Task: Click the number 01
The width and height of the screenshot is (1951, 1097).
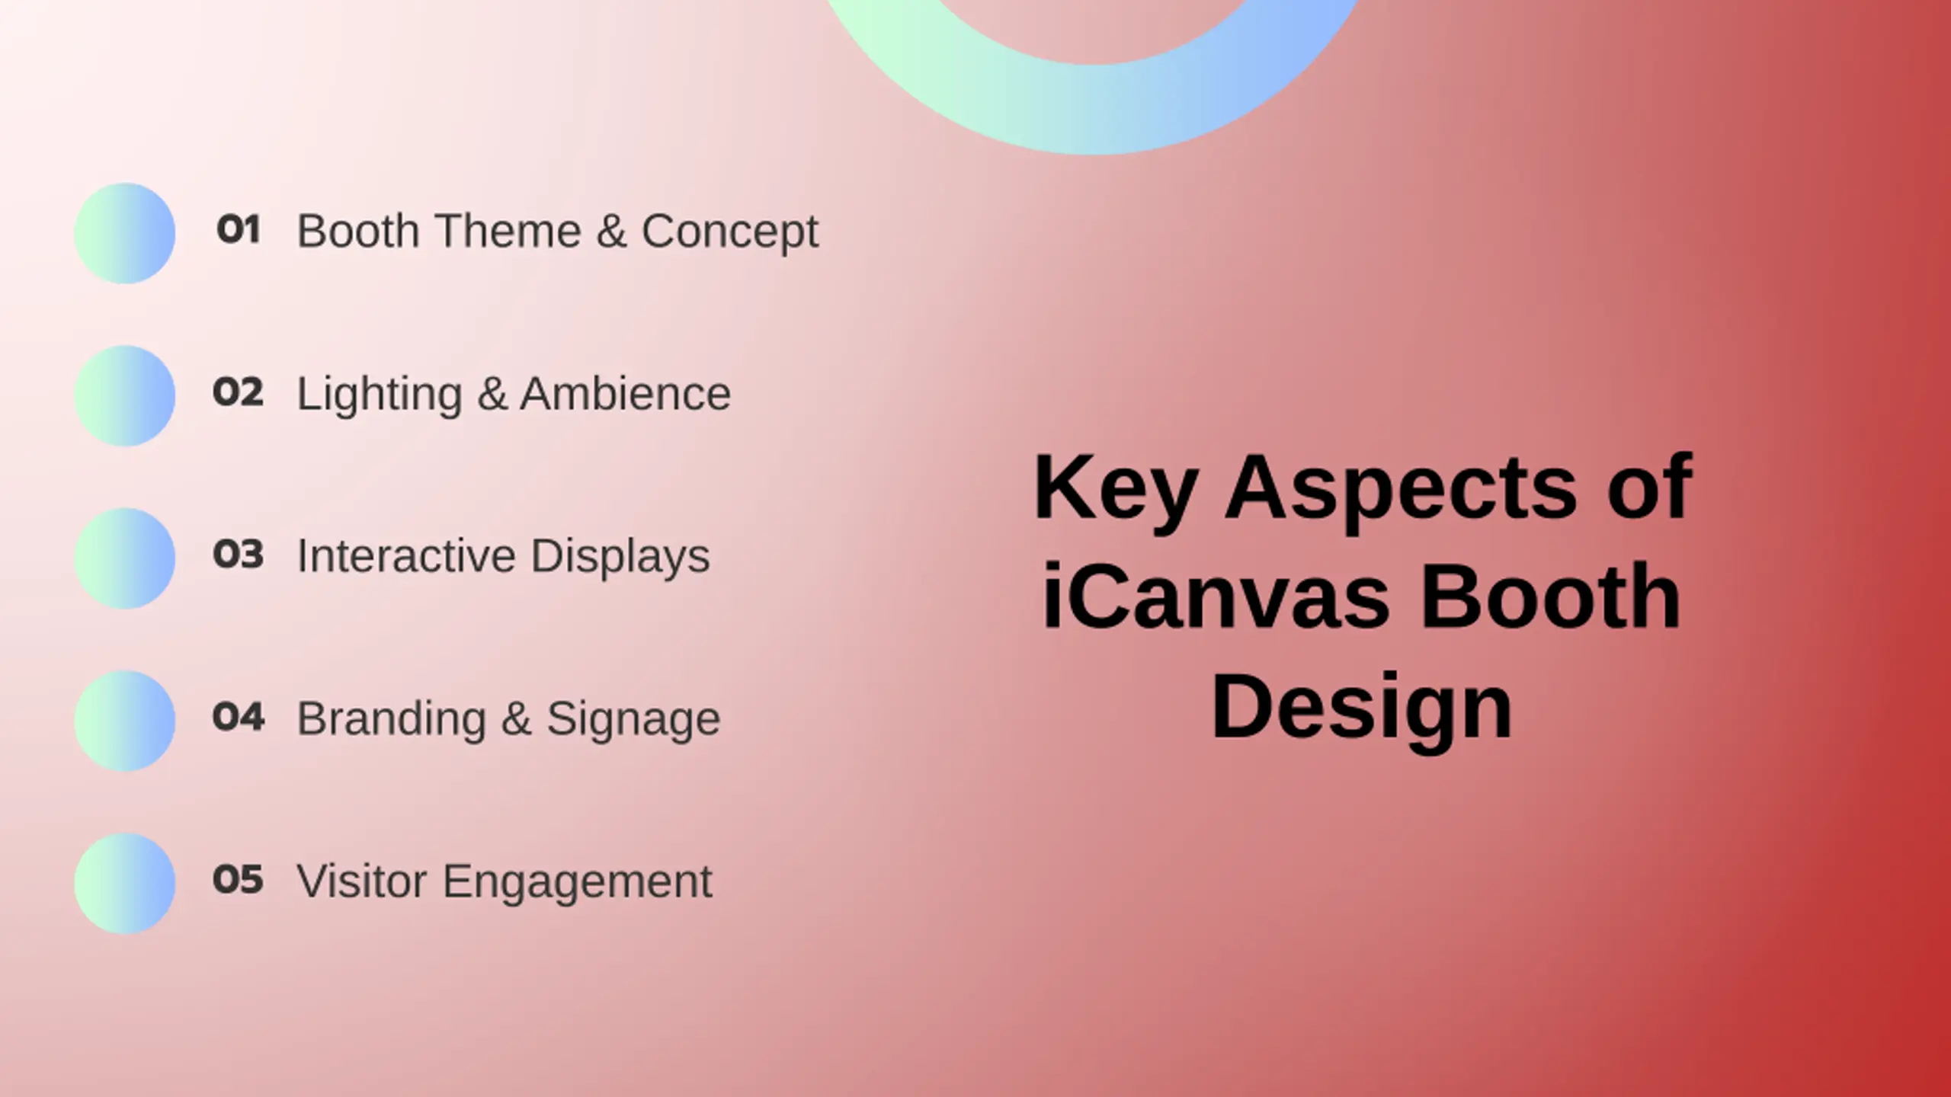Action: coord(239,229)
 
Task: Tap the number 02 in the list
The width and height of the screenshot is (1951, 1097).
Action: coord(239,392)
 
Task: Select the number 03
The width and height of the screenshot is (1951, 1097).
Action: coord(239,555)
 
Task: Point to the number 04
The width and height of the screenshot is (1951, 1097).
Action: coord(239,717)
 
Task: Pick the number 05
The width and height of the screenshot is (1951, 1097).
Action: coord(239,880)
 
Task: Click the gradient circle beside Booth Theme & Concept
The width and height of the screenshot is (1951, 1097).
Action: coord(125,233)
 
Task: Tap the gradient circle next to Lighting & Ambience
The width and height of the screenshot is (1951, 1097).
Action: coord(125,396)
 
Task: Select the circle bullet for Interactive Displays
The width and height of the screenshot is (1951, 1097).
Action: coord(125,558)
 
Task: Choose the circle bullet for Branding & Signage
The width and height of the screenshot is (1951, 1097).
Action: coord(125,721)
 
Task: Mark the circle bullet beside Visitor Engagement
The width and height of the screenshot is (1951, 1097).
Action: coord(125,884)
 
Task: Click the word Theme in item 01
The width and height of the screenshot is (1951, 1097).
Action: coord(508,231)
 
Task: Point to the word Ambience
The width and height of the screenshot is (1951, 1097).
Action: coord(626,394)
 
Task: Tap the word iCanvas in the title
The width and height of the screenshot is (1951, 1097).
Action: coord(1216,596)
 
